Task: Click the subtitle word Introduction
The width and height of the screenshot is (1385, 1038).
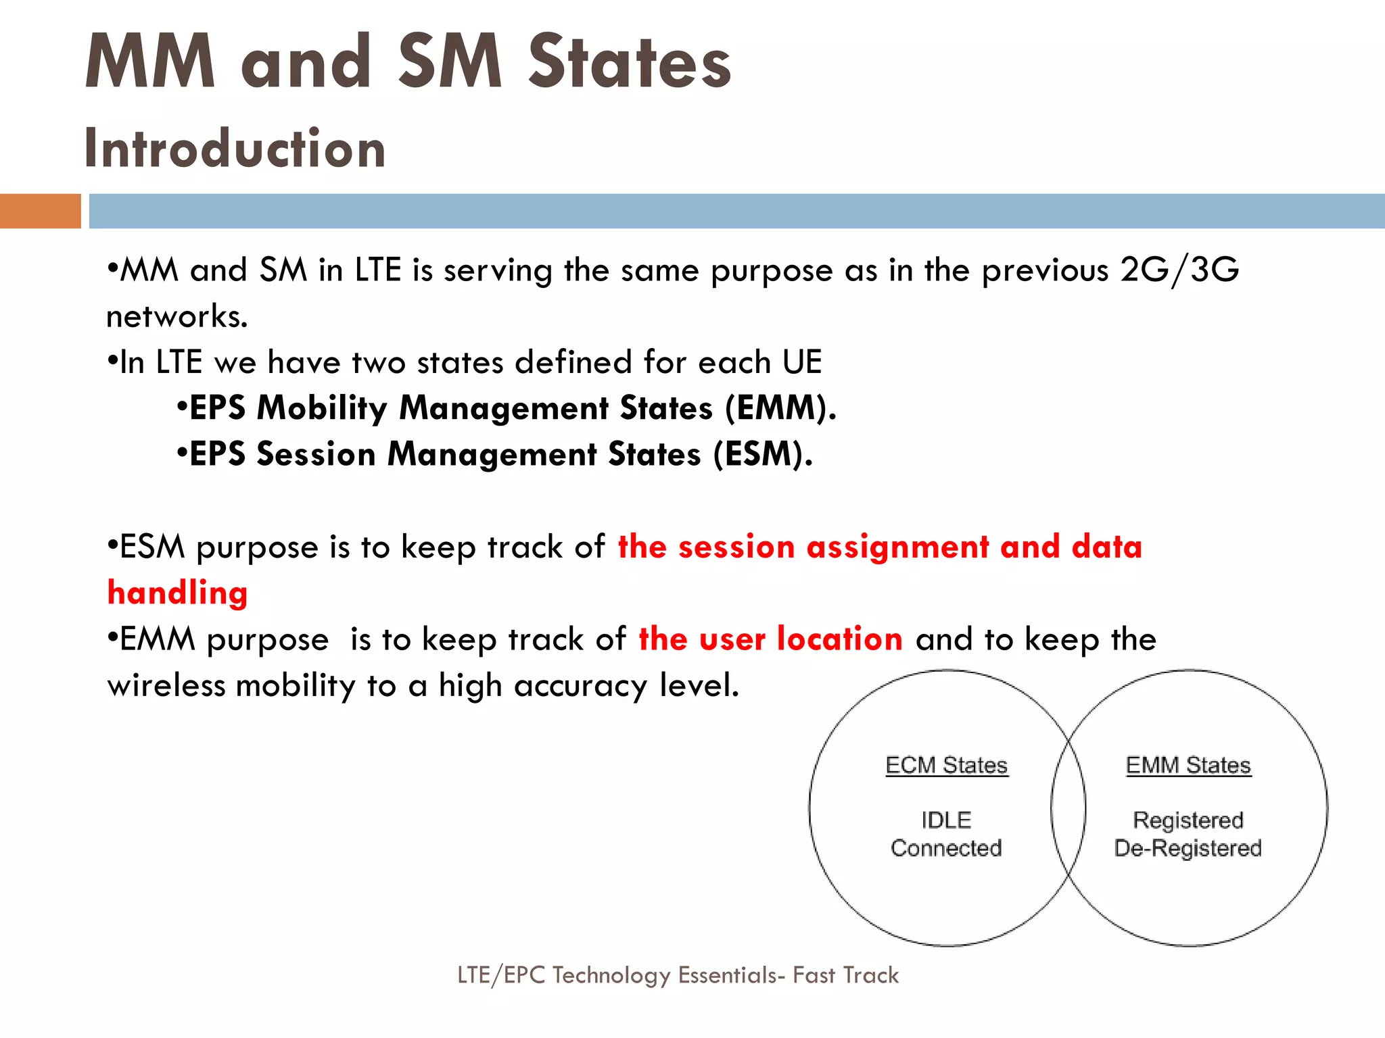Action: (x=235, y=149)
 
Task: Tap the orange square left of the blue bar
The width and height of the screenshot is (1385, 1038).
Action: (x=40, y=211)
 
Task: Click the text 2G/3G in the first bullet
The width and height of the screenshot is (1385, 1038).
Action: (x=1179, y=270)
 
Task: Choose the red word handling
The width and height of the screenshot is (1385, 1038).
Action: (x=178, y=593)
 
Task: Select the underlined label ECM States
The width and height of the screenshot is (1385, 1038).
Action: (x=947, y=766)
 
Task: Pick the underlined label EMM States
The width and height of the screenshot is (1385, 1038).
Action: (x=1188, y=766)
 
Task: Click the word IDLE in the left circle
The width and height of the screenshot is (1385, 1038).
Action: (x=946, y=820)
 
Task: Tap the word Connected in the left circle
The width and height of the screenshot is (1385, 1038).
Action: (x=946, y=848)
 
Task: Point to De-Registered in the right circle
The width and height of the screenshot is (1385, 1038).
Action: (x=1188, y=848)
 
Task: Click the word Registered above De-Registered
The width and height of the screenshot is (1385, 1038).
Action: (x=1188, y=820)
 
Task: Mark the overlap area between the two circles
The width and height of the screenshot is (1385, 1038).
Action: (x=1069, y=808)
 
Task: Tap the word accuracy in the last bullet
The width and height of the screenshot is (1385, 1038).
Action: (x=580, y=686)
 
